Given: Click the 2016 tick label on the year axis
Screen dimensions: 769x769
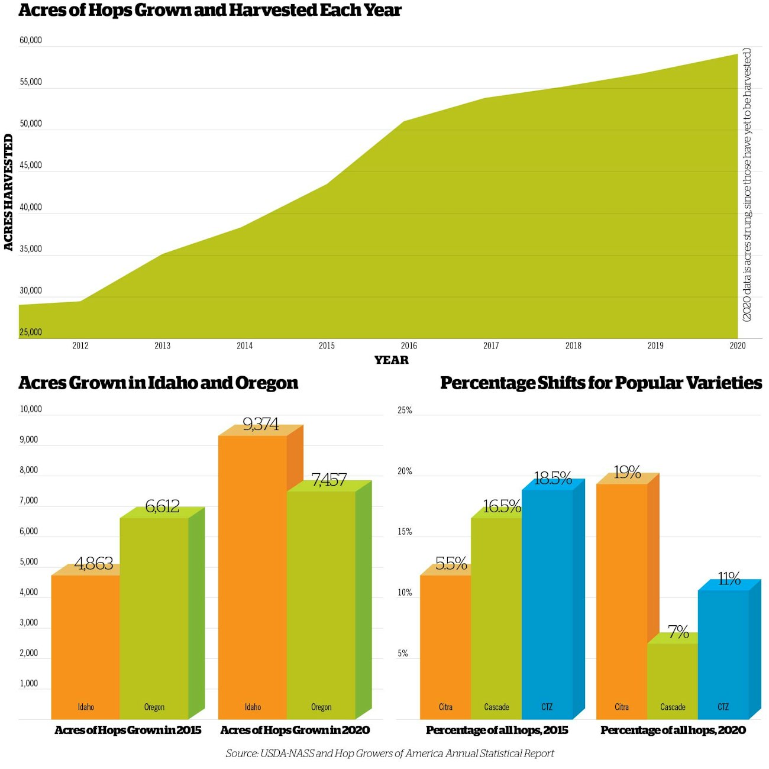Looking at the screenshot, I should (x=409, y=345).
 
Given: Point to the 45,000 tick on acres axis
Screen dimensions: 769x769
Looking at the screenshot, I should (x=31, y=165).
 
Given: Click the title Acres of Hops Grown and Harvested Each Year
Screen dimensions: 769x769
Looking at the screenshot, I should (x=210, y=11).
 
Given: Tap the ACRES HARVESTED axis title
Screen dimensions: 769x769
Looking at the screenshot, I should (x=8, y=192).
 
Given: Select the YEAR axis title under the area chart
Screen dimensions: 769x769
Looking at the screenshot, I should (x=391, y=360).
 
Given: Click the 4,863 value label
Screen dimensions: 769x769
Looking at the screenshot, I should (x=93, y=563).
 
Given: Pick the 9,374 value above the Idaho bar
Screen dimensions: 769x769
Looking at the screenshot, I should (x=260, y=424).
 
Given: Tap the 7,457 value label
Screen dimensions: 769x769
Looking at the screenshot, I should (x=329, y=479).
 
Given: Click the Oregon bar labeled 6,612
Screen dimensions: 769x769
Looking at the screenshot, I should (x=154, y=615).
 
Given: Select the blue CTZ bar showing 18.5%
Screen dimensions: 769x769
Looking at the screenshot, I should (x=547, y=603).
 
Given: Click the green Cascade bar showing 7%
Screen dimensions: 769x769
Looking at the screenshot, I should (x=673, y=680).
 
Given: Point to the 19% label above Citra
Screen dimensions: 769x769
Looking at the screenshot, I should (x=627, y=472).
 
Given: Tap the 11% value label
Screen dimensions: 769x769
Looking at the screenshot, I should (x=729, y=579).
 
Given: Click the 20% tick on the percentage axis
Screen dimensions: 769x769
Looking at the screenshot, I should (x=405, y=471).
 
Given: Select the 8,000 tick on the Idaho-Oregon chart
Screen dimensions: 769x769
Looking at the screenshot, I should (x=29, y=470).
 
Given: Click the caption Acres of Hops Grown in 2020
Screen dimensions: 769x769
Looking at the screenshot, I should (x=295, y=730).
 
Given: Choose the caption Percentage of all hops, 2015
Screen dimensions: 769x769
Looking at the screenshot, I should (x=497, y=730).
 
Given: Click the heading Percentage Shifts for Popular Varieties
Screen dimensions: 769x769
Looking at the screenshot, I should (x=601, y=383).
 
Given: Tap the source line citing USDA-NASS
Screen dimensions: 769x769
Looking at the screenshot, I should (x=390, y=753).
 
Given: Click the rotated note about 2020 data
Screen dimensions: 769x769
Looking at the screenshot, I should (x=747, y=185).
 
